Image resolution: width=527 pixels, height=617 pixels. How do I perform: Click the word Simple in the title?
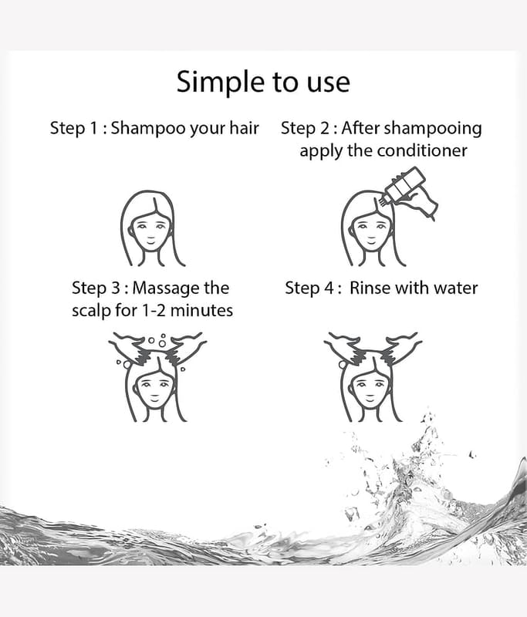pos(220,83)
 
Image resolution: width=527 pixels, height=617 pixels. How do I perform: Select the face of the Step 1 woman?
pos(150,231)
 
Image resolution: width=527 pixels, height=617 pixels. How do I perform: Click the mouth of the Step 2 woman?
pos(371,240)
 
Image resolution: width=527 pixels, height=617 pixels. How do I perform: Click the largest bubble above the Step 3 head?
pos(162,343)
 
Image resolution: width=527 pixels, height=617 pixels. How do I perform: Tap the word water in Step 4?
pos(455,288)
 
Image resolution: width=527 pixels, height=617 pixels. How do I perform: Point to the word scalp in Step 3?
pos(91,311)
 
